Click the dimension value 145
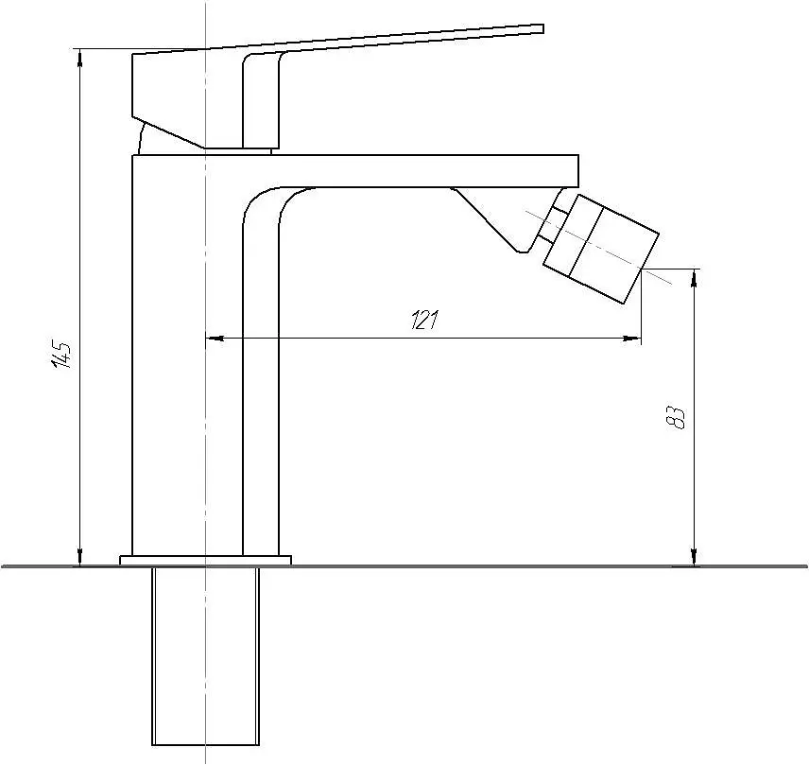pos(62,354)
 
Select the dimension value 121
pos(424,320)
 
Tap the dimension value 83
pos(676,417)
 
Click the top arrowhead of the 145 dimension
pos(80,58)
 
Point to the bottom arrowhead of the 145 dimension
pos(80,558)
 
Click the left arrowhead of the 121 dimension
pos(215,339)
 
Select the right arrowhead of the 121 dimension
pos(632,339)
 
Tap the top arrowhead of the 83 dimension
pos(695,278)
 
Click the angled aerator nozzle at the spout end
pos(601,249)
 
